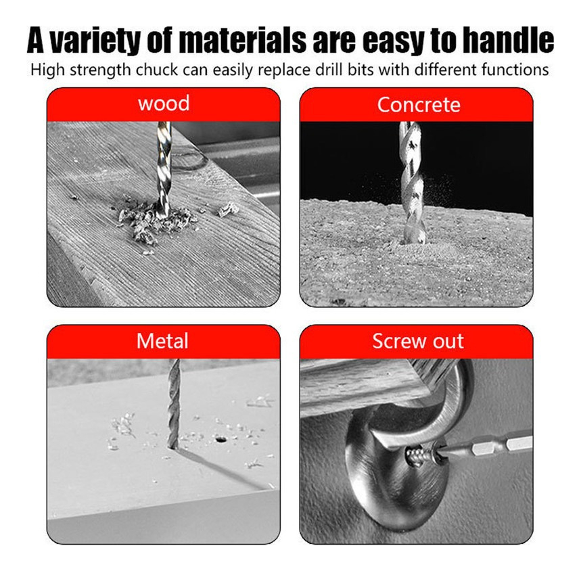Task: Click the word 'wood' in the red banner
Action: (x=164, y=104)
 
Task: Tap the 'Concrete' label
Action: (x=419, y=105)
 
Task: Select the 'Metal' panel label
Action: (x=162, y=341)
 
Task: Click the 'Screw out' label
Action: (x=418, y=341)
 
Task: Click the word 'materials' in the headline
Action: (x=243, y=41)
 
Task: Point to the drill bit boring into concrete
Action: (x=413, y=181)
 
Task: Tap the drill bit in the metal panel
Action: (x=173, y=404)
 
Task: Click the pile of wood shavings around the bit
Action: (x=156, y=223)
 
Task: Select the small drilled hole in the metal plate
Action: (x=221, y=440)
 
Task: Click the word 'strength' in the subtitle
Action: (x=100, y=70)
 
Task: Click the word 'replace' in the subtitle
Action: (x=284, y=70)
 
